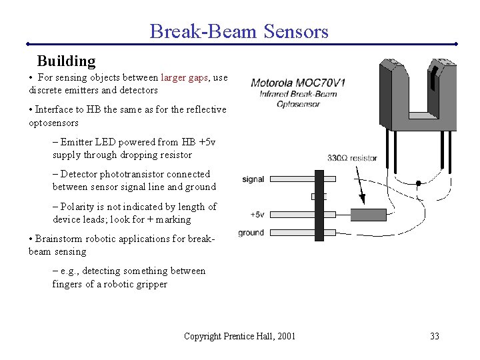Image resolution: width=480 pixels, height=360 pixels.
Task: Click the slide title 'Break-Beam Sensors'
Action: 239,31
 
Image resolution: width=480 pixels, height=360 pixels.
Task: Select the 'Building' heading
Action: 66,61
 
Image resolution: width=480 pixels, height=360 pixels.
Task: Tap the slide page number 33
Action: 434,336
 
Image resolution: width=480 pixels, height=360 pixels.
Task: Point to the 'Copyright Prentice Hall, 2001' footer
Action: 239,336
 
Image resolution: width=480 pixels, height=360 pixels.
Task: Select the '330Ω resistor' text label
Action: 352,158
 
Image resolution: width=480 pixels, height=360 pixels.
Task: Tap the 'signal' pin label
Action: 253,179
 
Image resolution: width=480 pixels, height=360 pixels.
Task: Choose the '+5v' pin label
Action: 257,214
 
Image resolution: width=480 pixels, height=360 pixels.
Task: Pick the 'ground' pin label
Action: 251,233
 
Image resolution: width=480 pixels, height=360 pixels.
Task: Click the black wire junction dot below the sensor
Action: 418,183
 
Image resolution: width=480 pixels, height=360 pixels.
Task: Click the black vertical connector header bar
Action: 319,205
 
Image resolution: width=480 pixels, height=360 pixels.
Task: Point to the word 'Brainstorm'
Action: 60,239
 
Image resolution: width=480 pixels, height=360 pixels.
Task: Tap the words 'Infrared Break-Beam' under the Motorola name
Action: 298,94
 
